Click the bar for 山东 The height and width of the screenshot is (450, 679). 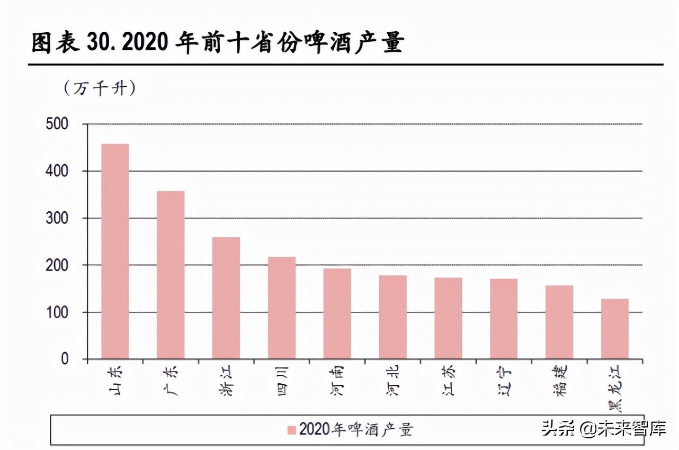pos(115,251)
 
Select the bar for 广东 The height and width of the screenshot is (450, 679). pos(171,275)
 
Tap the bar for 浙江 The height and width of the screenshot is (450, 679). pos(226,298)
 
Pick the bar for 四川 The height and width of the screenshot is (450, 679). pos(281,308)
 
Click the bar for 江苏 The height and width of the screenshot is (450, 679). pos(448,318)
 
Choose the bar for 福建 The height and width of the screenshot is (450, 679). pos(559,322)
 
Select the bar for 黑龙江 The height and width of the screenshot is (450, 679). pos(615,329)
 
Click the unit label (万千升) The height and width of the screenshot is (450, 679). pos(100,88)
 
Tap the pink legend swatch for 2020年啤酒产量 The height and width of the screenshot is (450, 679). pos(291,430)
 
